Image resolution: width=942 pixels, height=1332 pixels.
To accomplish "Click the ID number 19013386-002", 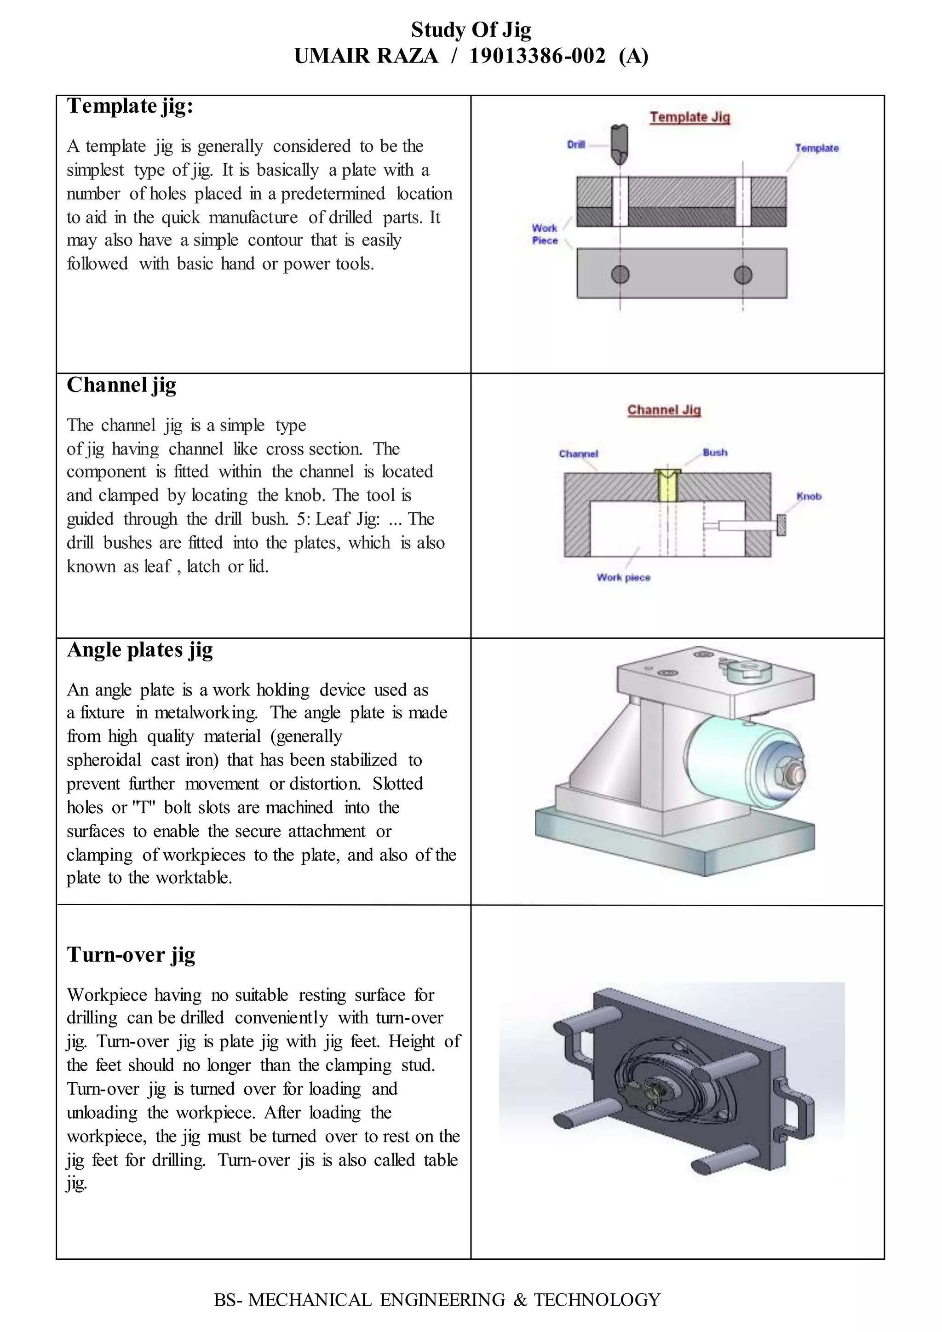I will [x=537, y=56].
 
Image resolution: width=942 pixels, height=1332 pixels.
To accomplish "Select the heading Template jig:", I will [x=130, y=106].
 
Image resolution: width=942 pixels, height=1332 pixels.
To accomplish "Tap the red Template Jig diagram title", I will [x=689, y=117].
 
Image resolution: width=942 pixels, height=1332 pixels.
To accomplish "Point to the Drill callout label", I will [x=575, y=144].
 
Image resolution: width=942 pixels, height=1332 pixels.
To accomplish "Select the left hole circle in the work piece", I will [x=620, y=275].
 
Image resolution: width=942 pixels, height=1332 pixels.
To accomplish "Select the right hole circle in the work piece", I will [x=743, y=275].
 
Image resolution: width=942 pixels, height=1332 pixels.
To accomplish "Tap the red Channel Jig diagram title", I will [x=664, y=410].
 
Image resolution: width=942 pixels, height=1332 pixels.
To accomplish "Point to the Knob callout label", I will [x=809, y=497].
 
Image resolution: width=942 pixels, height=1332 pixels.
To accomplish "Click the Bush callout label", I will [x=715, y=453].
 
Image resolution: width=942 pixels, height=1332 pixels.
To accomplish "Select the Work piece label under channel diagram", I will [x=624, y=578].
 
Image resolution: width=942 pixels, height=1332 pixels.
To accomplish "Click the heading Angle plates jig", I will [x=140, y=650].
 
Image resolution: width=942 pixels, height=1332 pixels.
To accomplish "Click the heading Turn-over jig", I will [x=131, y=955].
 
